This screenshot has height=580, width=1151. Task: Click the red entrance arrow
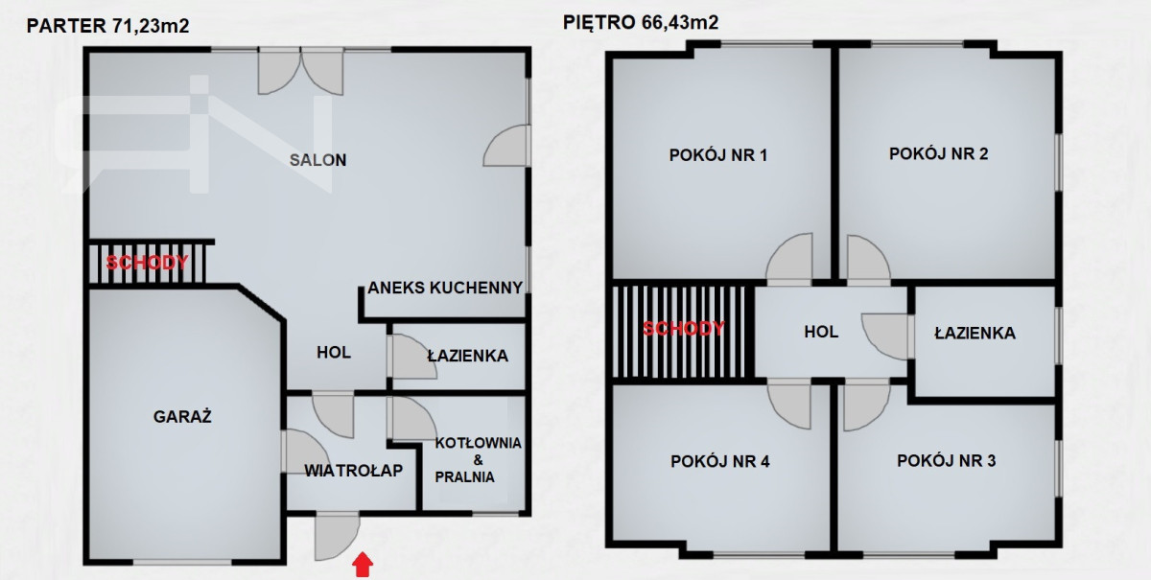tap(363, 565)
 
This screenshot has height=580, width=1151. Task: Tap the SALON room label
tap(318, 160)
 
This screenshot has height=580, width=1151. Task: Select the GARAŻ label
tap(182, 416)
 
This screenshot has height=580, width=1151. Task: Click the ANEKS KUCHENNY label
tap(445, 288)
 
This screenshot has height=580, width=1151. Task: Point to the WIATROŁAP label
tap(354, 471)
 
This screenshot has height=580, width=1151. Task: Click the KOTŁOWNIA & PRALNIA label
tap(478, 460)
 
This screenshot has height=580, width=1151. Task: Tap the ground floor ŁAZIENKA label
tap(468, 355)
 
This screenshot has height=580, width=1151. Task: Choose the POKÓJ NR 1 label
tap(718, 155)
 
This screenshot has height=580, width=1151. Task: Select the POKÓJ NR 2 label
tap(939, 153)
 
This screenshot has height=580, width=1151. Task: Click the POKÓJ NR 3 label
tap(947, 461)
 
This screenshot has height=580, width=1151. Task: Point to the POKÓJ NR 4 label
tap(720, 461)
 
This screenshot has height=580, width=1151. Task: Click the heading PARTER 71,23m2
tap(107, 26)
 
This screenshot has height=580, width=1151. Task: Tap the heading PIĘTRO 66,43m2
tap(641, 23)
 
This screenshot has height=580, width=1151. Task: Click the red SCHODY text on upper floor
tap(683, 328)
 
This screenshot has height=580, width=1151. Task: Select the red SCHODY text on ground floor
tap(148, 263)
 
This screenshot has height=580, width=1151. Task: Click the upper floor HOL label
tap(821, 332)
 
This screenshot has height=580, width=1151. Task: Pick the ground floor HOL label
tap(334, 353)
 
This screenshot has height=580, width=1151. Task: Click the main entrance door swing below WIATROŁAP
tap(337, 537)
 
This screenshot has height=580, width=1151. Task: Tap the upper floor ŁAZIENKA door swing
tap(884, 336)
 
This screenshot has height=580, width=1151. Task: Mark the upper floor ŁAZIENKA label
tap(975, 333)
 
